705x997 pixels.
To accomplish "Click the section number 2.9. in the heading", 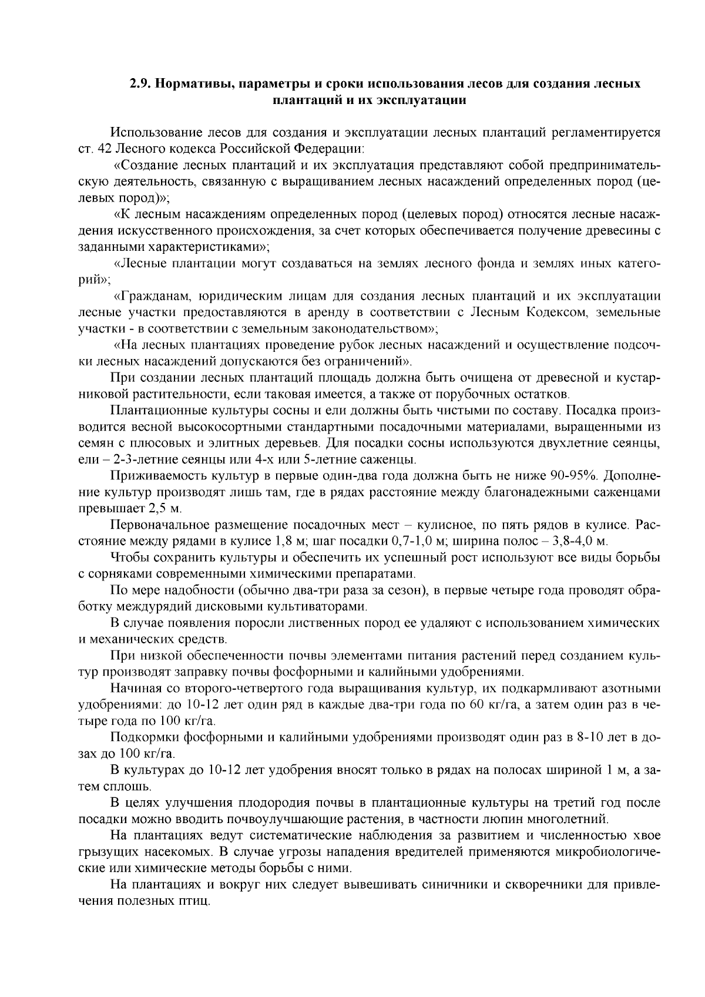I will [139, 83].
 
